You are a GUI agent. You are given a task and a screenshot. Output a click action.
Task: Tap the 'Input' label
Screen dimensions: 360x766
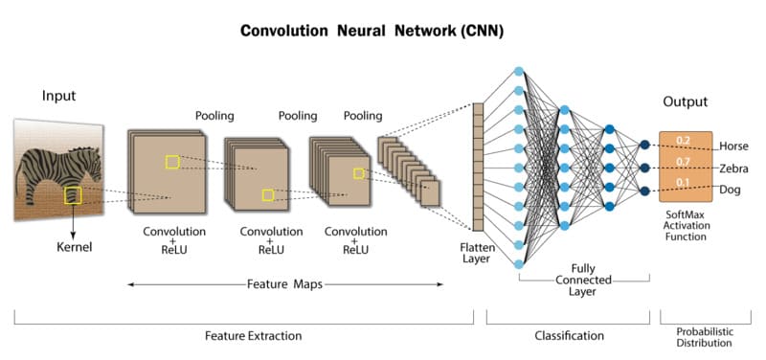[x=58, y=97]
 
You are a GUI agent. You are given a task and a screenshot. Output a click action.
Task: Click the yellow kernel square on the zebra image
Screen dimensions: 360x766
[x=73, y=196]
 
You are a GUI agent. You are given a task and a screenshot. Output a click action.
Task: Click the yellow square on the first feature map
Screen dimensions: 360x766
[x=172, y=162]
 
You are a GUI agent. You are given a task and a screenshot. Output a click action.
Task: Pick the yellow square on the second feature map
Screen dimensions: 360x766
[x=268, y=195]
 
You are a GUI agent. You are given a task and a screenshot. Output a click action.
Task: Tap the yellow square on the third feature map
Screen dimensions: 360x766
[x=358, y=173]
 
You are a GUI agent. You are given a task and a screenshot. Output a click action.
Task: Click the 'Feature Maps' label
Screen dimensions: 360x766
[x=286, y=284]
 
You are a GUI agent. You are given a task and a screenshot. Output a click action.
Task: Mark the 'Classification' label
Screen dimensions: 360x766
[x=570, y=336]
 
